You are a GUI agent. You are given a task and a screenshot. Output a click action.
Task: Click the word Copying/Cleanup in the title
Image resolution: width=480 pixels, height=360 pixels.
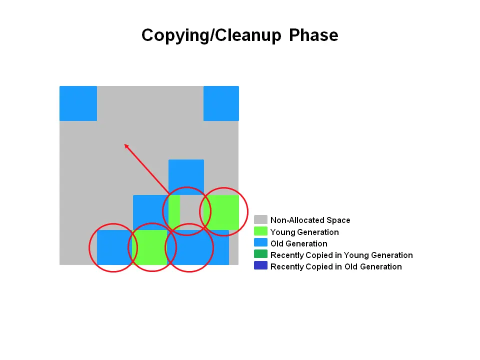(x=212, y=35)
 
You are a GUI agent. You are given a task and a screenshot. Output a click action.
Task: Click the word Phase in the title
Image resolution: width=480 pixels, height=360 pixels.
(x=313, y=35)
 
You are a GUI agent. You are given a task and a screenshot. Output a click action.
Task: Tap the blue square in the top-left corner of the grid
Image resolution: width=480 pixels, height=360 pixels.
(x=78, y=103)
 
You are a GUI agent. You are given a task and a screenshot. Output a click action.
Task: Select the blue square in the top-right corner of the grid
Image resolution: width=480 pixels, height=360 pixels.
(x=221, y=103)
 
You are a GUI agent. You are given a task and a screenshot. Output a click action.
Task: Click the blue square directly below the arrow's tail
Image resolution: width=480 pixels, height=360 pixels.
(x=186, y=176)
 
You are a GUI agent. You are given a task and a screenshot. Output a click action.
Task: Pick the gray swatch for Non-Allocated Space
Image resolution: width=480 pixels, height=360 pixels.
(x=260, y=220)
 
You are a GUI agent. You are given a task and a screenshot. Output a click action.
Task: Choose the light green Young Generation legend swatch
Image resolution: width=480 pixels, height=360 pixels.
(x=260, y=231)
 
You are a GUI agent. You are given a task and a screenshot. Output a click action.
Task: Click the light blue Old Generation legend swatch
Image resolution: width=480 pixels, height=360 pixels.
(x=260, y=243)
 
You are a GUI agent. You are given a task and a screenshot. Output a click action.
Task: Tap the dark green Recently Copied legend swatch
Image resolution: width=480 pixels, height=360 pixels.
(x=260, y=255)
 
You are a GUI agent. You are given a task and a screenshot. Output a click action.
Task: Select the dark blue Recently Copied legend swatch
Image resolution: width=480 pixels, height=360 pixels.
(x=260, y=266)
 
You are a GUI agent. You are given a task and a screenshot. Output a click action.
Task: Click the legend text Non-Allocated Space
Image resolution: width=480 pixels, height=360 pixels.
(x=310, y=220)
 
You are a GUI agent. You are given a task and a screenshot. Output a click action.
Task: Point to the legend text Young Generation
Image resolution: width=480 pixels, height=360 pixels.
(x=304, y=232)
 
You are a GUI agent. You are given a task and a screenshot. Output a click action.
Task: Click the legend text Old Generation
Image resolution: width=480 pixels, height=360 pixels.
(x=298, y=243)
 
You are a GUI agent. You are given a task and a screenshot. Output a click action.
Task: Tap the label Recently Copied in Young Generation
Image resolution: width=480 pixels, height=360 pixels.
(x=341, y=255)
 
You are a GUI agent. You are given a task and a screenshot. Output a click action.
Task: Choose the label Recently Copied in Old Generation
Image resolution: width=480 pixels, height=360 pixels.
(x=336, y=266)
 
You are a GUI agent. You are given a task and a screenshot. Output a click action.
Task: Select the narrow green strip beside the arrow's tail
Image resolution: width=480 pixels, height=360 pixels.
(x=174, y=211)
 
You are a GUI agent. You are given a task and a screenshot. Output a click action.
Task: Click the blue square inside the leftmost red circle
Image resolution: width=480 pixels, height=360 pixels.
(x=114, y=247)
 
